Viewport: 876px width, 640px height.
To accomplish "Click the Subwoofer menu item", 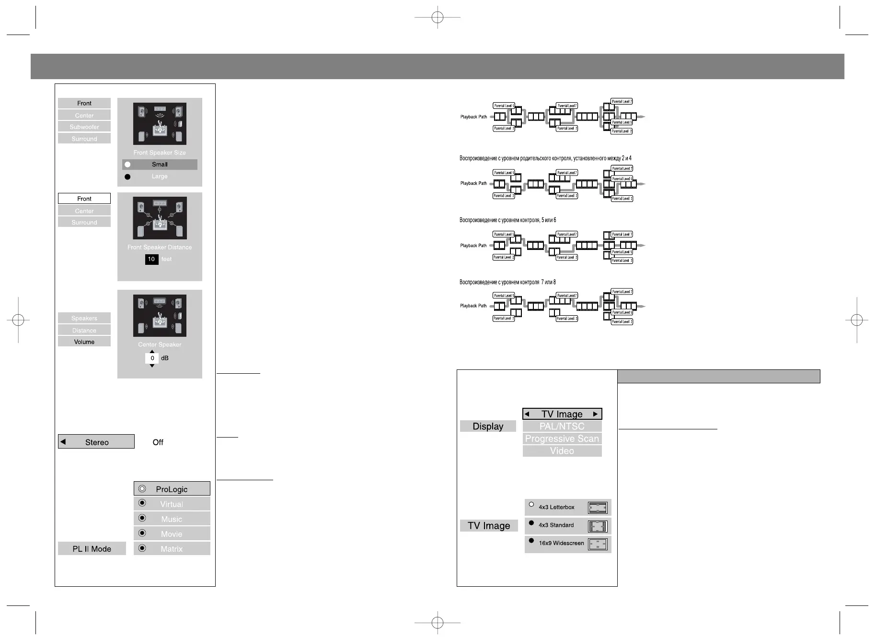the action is click(84, 127).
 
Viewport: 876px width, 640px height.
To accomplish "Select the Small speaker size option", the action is click(160, 165).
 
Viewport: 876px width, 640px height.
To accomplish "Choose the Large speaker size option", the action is click(160, 177).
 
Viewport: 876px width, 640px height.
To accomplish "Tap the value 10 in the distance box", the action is click(151, 259).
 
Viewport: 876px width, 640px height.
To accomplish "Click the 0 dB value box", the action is click(152, 358).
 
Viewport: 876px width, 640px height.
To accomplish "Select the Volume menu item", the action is click(84, 342).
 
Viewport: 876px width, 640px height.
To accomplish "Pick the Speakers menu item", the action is click(84, 318).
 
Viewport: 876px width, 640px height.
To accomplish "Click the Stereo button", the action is click(96, 442).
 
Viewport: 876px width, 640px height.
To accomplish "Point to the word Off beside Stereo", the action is click(158, 442).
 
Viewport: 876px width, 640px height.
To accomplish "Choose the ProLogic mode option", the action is click(172, 489).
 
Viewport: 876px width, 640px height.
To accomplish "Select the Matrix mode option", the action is click(172, 549).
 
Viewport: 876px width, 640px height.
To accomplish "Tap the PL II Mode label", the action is click(92, 549).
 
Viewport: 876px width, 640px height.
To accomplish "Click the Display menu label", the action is click(488, 427).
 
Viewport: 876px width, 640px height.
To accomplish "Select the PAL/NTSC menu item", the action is click(562, 427).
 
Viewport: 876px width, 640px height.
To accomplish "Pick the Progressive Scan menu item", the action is click(562, 439).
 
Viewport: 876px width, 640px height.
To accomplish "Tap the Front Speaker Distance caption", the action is click(160, 247).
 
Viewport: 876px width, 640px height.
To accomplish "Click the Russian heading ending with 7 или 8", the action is click(507, 282).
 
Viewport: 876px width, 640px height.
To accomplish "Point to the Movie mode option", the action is click(172, 534).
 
